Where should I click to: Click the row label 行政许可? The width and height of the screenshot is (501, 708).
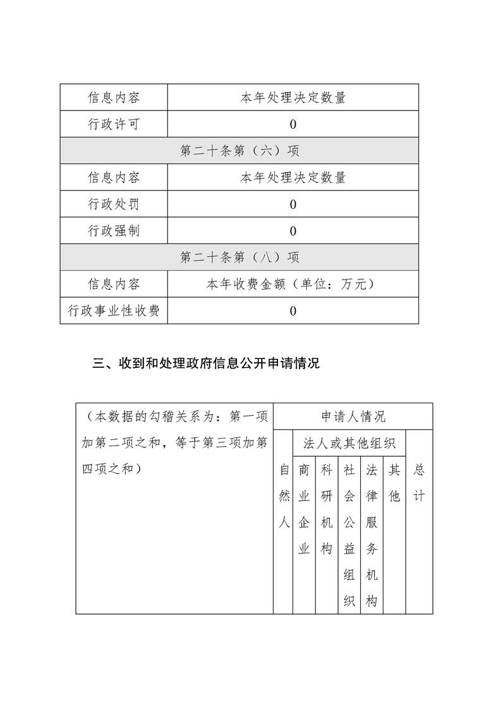(114, 124)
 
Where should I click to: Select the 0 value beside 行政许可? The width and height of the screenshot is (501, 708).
(293, 124)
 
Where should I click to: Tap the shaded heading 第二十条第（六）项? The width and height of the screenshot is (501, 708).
(239, 151)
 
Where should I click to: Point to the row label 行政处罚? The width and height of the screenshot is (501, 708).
(114, 204)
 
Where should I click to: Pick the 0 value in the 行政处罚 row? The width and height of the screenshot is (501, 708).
(293, 204)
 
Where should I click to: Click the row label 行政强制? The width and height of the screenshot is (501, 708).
(114, 230)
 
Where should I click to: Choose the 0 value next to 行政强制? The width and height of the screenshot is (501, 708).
(293, 231)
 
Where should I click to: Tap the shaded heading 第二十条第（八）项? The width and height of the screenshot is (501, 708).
(239, 257)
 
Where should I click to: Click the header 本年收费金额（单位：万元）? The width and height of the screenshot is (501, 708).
(293, 284)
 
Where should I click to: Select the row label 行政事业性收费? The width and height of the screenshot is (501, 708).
(114, 310)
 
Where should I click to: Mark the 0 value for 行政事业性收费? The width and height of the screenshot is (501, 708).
(293, 310)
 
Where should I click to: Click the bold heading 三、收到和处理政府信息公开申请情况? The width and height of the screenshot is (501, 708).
(206, 363)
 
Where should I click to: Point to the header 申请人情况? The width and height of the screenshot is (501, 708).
(353, 416)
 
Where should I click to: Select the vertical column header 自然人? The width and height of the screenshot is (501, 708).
(284, 496)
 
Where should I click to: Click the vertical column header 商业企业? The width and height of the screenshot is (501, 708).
(304, 509)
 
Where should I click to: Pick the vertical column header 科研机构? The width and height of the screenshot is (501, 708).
(327, 509)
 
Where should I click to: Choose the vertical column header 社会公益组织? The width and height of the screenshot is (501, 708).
(349, 536)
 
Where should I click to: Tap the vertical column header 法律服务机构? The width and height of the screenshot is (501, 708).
(371, 536)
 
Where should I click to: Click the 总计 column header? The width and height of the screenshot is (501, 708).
(419, 483)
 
